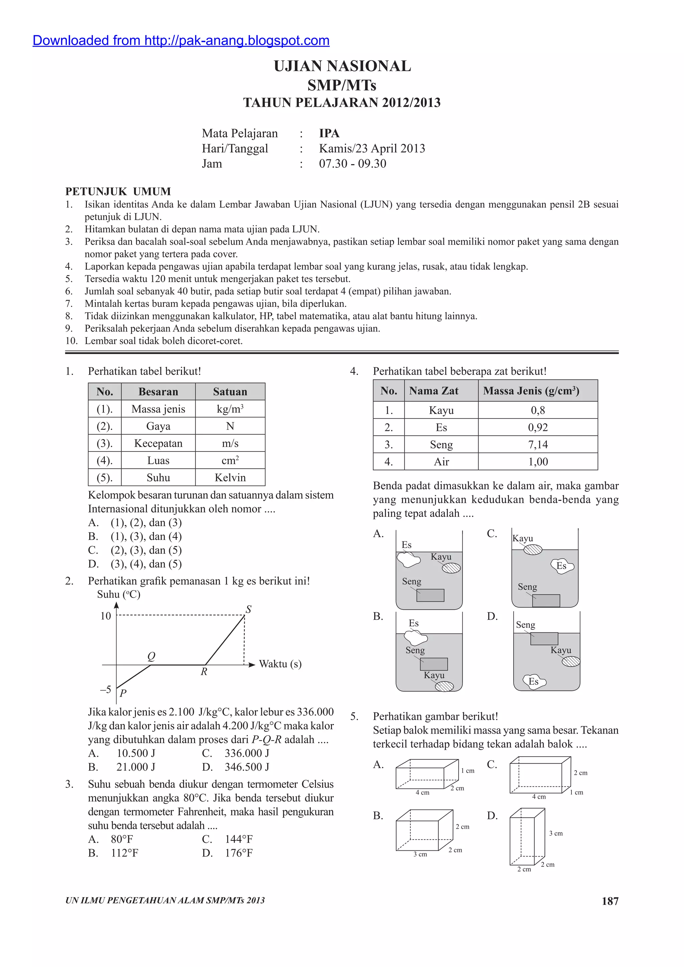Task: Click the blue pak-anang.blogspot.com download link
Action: pyautogui.click(x=181, y=40)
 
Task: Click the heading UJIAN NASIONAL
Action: pyautogui.click(x=342, y=66)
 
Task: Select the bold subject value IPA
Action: pyautogui.click(x=329, y=133)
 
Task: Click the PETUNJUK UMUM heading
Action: pyautogui.click(x=118, y=192)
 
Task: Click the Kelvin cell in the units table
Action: pyautogui.click(x=230, y=477)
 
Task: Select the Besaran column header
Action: pyautogui.click(x=158, y=392)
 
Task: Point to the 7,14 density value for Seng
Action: pyautogui.click(x=538, y=444)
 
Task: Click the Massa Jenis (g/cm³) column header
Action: pyautogui.click(x=531, y=391)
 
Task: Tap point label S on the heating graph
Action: pyautogui.click(x=248, y=609)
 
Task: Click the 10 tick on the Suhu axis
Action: pyautogui.click(x=106, y=616)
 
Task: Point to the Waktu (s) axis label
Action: pyautogui.click(x=280, y=664)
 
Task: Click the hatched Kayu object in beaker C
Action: pyautogui.click(x=533, y=550)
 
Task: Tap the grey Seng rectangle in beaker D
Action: pyautogui.click(x=544, y=638)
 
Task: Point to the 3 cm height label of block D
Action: pyautogui.click(x=555, y=833)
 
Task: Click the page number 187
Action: pyautogui.click(x=610, y=901)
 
